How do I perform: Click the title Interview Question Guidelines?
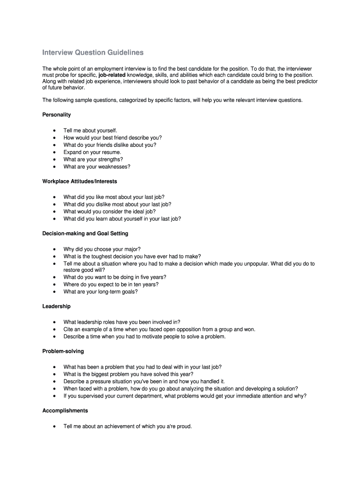[93, 52]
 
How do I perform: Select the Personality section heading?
[57, 115]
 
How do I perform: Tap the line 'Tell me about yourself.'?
[90, 131]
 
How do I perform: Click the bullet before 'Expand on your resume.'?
[55, 152]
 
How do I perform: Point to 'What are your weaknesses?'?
[97, 167]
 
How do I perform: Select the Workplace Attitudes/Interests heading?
[79, 181]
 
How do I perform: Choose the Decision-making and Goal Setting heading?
[85, 233]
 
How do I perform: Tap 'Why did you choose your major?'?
[102, 249]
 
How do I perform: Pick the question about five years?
[115, 277]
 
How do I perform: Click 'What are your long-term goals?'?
[101, 292]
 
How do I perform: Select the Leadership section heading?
[57, 306]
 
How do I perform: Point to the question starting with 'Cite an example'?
[159, 329]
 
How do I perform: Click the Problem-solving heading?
[63, 351]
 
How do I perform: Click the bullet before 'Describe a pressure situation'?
[55, 381]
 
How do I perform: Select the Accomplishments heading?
[65, 411]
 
